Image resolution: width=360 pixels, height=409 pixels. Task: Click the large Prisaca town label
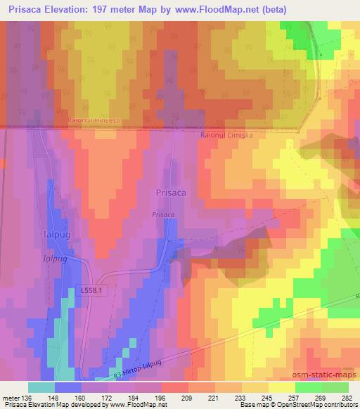tap(170, 191)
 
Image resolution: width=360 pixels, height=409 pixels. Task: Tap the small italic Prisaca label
tap(161, 215)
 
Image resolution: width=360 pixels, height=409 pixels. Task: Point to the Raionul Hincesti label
tap(95, 121)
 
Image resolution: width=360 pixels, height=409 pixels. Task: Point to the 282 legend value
tap(347, 398)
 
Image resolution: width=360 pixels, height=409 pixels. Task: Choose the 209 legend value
tap(186, 398)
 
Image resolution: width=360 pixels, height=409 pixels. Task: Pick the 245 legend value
tap(266, 398)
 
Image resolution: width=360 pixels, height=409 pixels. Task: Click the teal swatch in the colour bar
tap(41, 387)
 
